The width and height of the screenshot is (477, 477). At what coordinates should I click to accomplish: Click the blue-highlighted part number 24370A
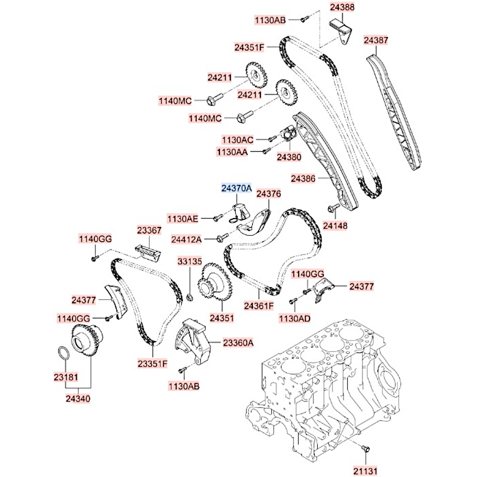[236, 189]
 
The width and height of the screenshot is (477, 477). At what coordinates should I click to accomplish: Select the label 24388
[342, 8]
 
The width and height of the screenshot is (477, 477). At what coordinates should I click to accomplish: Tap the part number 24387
[376, 41]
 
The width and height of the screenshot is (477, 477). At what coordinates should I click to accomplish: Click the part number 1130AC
[238, 139]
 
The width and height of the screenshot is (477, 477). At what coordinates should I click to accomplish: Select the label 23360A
[238, 342]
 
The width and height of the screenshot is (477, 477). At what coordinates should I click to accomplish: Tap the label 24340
[78, 398]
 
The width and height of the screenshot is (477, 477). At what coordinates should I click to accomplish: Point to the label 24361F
[259, 305]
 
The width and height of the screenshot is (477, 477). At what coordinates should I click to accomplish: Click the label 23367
[150, 230]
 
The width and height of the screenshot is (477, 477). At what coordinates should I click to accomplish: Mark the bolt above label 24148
[333, 208]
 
